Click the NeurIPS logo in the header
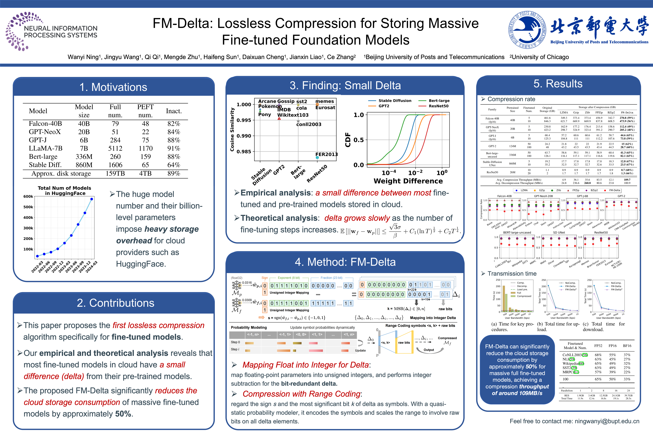(51, 31)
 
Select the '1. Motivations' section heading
(113, 87)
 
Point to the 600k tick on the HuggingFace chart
(28, 196)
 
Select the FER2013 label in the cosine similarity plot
(326, 154)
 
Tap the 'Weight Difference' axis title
(408, 181)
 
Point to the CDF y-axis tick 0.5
(358, 140)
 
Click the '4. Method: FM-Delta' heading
(345, 262)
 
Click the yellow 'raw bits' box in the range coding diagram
(404, 343)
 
